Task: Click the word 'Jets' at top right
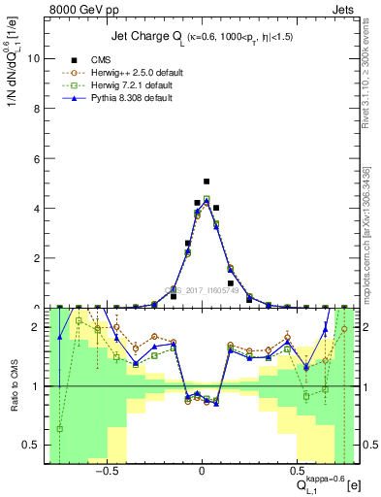pos(346,8)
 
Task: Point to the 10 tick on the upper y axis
pos(36,58)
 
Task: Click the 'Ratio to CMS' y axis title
pos(12,385)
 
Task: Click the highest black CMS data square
pos(206,182)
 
